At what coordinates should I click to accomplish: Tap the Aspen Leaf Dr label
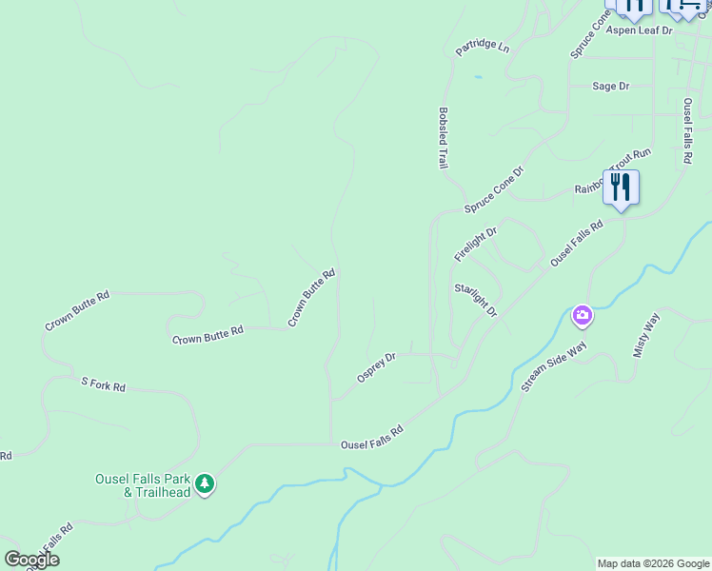[x=640, y=30]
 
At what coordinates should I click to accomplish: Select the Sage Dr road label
[x=610, y=86]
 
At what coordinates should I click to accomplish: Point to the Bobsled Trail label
[x=443, y=138]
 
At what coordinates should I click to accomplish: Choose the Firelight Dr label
[x=475, y=245]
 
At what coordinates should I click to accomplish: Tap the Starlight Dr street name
[x=476, y=299]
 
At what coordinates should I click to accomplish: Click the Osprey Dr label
[x=376, y=367]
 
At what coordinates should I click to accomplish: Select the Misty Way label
[x=645, y=338]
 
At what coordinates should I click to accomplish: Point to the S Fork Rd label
[x=103, y=385]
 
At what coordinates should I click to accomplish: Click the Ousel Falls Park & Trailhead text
[x=143, y=485]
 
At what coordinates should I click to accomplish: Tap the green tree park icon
[x=205, y=485]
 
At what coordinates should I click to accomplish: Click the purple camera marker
[x=582, y=315]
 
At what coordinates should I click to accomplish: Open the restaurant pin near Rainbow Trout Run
[x=621, y=187]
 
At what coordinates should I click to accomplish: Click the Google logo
[x=31, y=560]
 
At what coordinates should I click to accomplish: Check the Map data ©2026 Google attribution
[x=653, y=563]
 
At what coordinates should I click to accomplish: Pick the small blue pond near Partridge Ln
[x=478, y=77]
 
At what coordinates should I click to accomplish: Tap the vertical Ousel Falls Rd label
[x=687, y=130]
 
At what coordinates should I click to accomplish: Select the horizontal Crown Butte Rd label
[x=208, y=334]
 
